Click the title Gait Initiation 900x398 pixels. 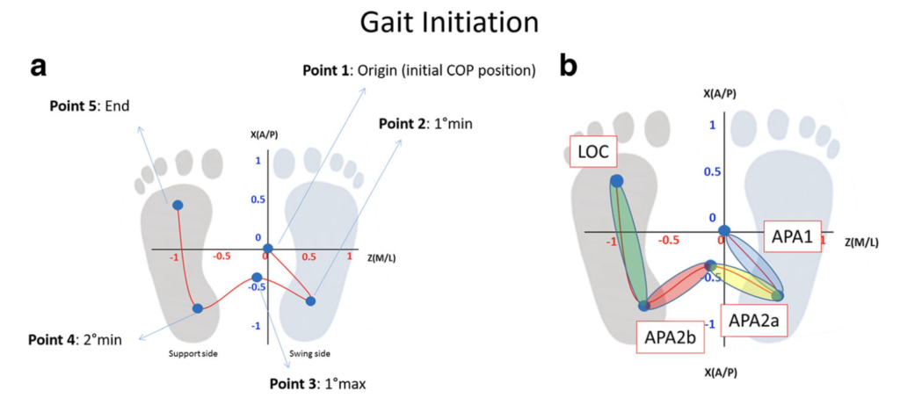pyautogui.click(x=449, y=23)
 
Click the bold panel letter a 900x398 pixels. pyautogui.click(x=38, y=67)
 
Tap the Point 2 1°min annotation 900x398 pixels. pyautogui.click(x=425, y=123)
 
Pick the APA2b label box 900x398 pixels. pyautogui.click(x=666, y=336)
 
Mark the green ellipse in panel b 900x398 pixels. pyautogui.click(x=628, y=242)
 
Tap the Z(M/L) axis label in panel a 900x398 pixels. pyautogui.click(x=384, y=257)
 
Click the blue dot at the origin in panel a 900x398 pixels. pyautogui.click(x=268, y=249)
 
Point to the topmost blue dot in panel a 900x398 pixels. pyautogui.click(x=178, y=205)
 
